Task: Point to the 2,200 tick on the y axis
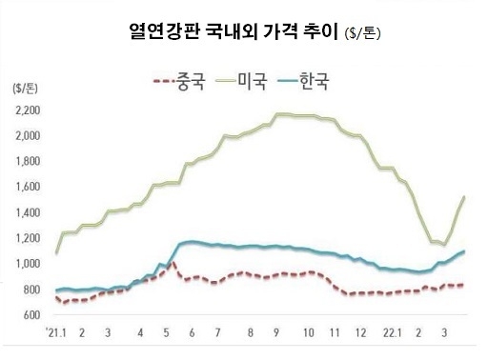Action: click(x=29, y=111)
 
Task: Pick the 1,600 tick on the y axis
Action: click(x=29, y=188)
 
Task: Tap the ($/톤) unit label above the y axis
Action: click(x=24, y=89)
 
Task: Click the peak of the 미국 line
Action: click(x=278, y=114)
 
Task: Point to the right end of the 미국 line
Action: click(x=463, y=196)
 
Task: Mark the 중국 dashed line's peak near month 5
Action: click(x=173, y=261)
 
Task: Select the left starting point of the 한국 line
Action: click(x=56, y=290)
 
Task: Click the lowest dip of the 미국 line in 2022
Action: click(x=441, y=245)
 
